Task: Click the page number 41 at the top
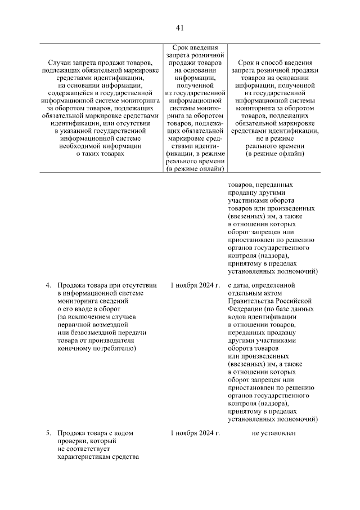(x=180, y=28)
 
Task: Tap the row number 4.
(x=48, y=285)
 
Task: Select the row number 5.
(x=48, y=433)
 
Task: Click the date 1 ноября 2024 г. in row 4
(x=195, y=285)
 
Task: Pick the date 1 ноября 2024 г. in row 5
(x=195, y=433)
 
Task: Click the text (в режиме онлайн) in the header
(x=195, y=168)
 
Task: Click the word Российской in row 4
(x=295, y=301)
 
